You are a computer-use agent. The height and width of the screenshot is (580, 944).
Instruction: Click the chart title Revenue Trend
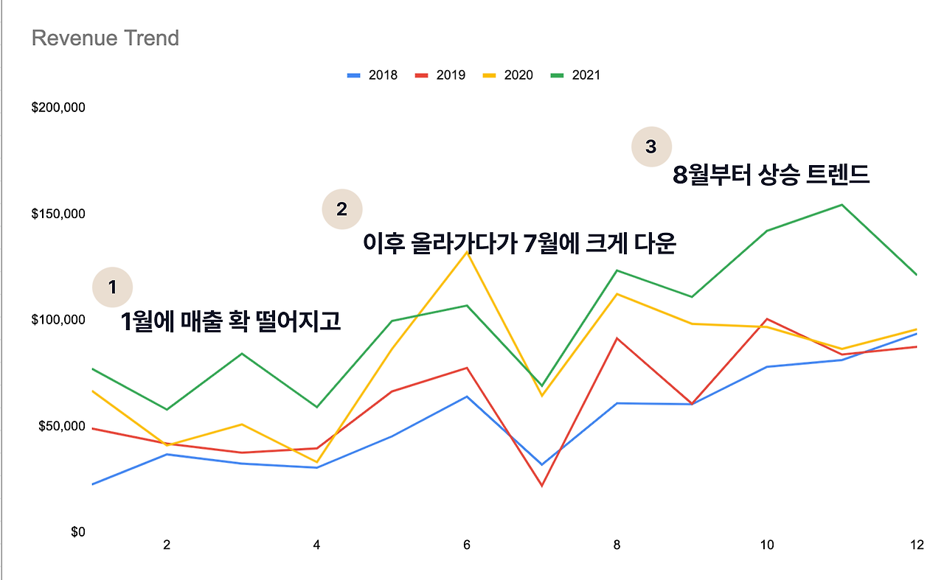105,38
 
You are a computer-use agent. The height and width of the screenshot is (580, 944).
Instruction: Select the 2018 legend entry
372,75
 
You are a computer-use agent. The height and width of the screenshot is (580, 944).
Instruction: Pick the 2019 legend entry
440,75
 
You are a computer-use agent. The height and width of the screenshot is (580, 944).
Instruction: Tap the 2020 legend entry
508,75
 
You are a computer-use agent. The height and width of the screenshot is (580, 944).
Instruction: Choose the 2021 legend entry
576,75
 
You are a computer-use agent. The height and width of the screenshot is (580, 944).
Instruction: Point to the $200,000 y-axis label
58,108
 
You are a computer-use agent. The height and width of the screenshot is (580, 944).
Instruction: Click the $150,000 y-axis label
58,214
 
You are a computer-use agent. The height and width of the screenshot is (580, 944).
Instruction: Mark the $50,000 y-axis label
61,427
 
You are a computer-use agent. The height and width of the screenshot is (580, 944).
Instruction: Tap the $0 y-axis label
77,532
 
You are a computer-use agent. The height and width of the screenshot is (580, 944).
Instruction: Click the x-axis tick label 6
467,545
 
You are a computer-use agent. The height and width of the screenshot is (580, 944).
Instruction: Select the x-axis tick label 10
767,545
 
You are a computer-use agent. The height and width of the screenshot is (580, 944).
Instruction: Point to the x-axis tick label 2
167,545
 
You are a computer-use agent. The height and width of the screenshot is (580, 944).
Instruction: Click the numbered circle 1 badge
112,287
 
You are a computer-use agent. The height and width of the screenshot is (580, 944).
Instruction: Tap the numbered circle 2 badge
341,209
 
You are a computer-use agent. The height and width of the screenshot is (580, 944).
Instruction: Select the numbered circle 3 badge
650,147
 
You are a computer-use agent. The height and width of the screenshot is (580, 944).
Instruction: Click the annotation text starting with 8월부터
771,176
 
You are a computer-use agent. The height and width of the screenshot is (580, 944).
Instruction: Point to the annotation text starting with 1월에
231,321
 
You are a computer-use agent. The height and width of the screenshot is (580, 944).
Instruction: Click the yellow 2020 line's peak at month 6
467,252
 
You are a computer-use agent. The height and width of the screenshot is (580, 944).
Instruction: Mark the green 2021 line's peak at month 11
841,205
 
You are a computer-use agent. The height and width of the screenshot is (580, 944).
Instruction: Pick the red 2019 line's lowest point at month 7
541,486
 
